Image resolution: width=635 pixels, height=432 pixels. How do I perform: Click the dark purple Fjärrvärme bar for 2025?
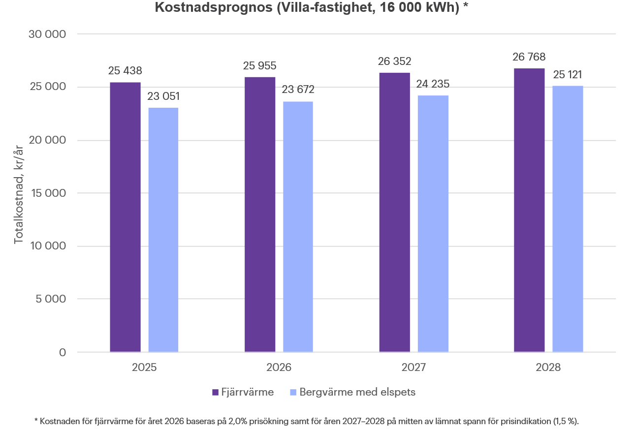click(x=125, y=217)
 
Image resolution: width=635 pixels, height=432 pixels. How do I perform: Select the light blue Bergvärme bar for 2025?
click(x=163, y=230)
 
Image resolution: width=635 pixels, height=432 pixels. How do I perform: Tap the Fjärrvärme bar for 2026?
click(x=260, y=215)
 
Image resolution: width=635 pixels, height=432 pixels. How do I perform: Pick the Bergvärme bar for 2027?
click(x=433, y=223)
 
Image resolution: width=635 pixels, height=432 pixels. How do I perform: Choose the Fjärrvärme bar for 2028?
click(x=529, y=210)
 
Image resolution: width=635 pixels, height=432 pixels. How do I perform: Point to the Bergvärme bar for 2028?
click(x=568, y=219)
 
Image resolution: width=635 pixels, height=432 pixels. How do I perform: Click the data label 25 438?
click(x=125, y=71)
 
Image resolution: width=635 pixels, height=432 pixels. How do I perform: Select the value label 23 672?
click(x=298, y=90)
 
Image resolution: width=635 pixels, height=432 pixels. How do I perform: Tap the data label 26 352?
click(x=394, y=61)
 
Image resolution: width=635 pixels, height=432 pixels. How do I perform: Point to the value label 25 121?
click(x=568, y=75)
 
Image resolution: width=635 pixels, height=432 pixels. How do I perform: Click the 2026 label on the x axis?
click(x=279, y=368)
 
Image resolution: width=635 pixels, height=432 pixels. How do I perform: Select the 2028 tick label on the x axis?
click(x=548, y=368)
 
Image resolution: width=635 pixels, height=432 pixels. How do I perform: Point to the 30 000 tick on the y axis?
click(x=48, y=34)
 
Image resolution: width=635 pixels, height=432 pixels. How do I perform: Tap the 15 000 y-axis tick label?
click(x=48, y=193)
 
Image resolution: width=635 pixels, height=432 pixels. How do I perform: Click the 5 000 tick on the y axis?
click(x=52, y=299)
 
